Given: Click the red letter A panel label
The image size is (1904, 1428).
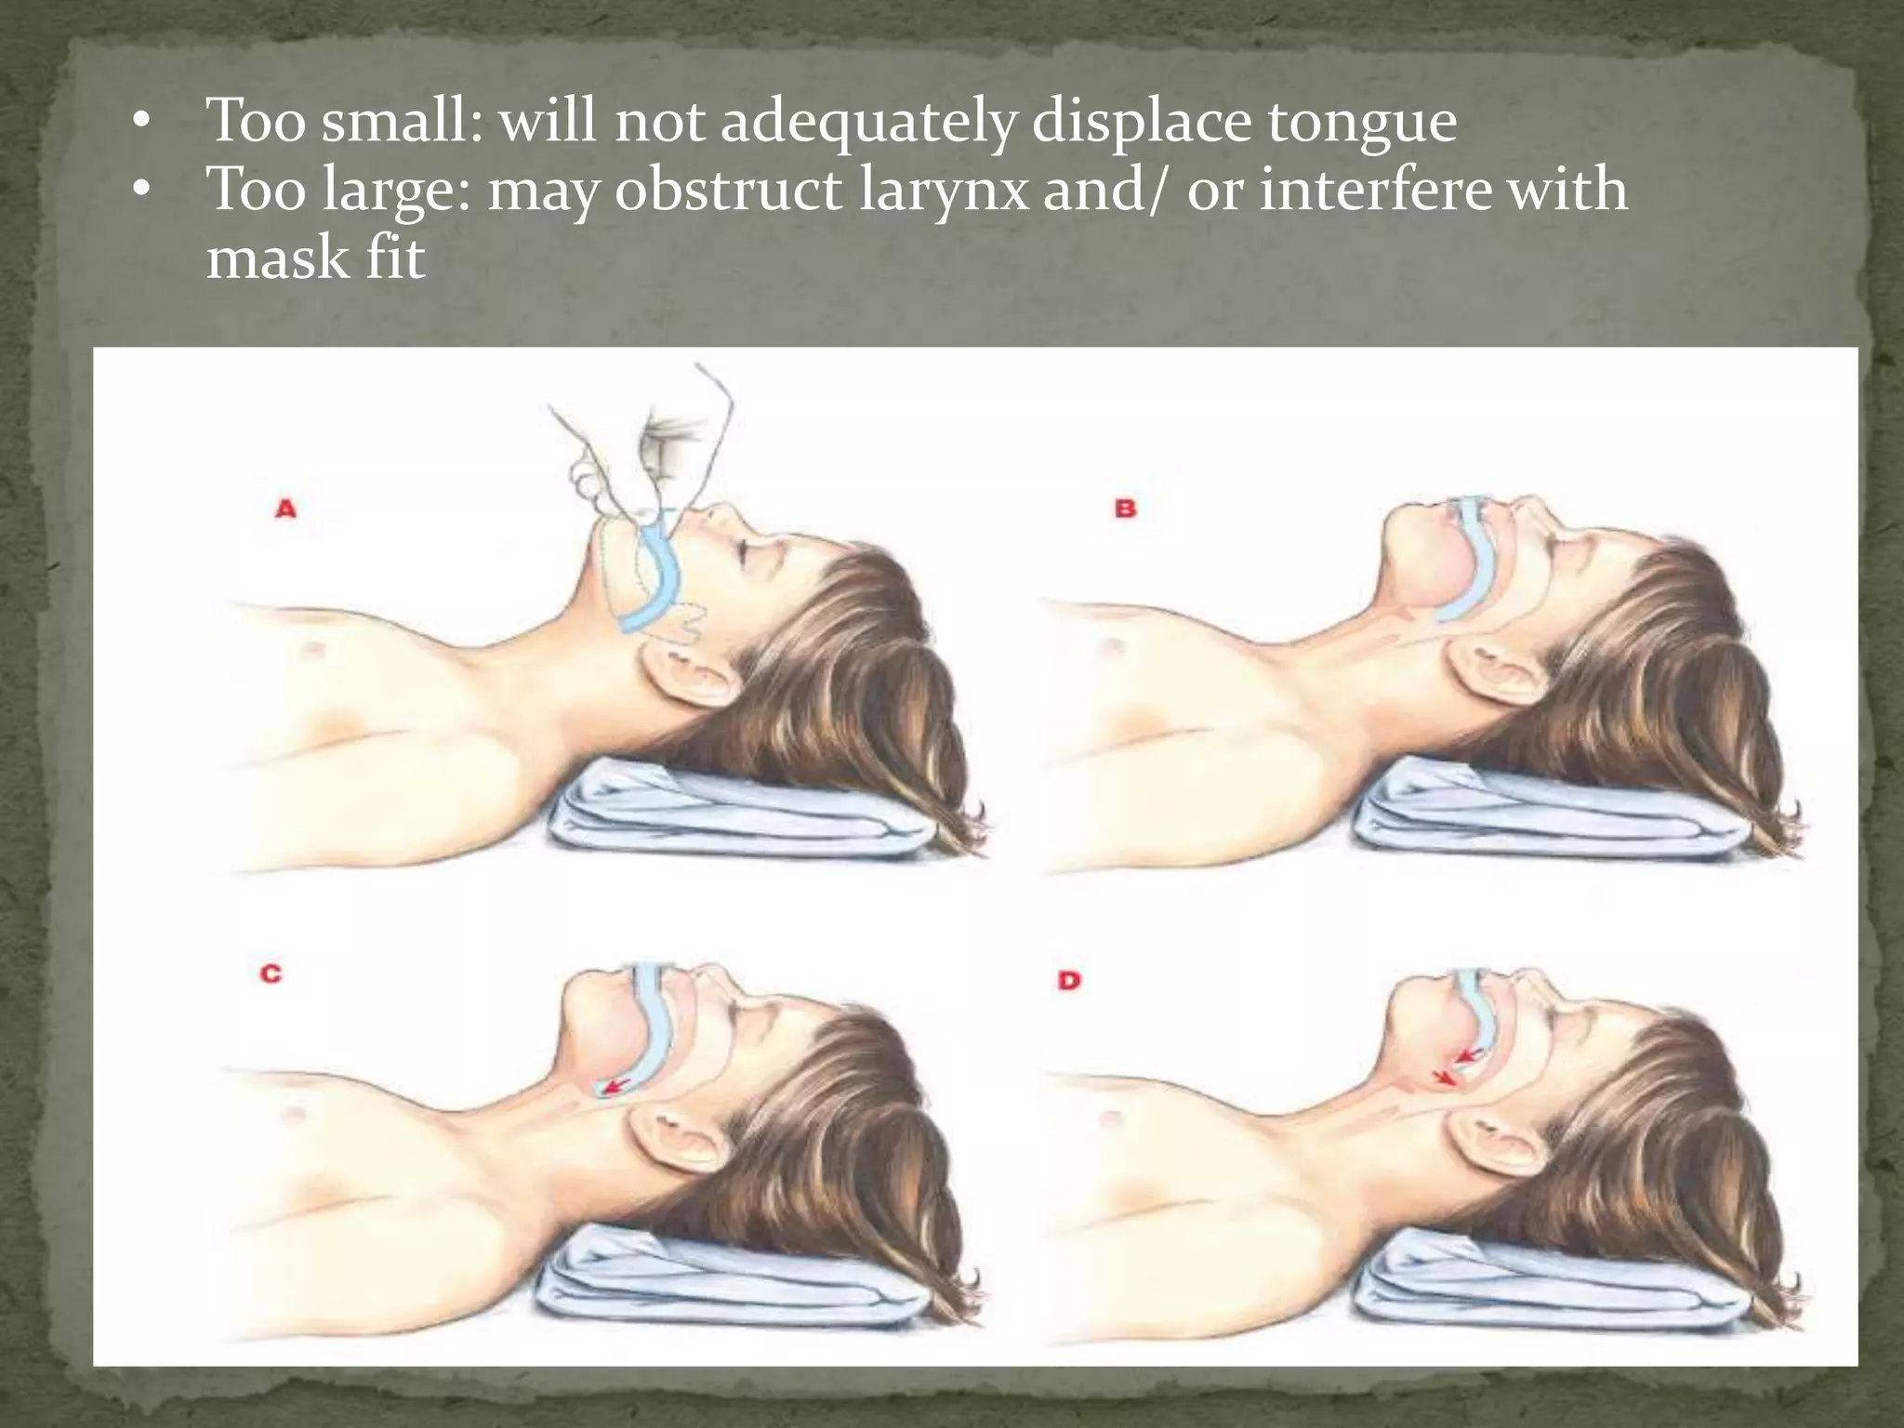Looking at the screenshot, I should pyautogui.click(x=285, y=509).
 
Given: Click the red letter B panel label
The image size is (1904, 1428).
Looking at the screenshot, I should pyautogui.click(x=1125, y=509).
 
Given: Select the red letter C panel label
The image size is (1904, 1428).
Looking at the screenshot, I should pyautogui.click(x=271, y=974).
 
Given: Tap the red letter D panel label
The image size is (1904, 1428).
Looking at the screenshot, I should pyautogui.click(x=1069, y=980).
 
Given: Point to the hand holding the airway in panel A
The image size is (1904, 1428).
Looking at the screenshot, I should pyautogui.click(x=641, y=456).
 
